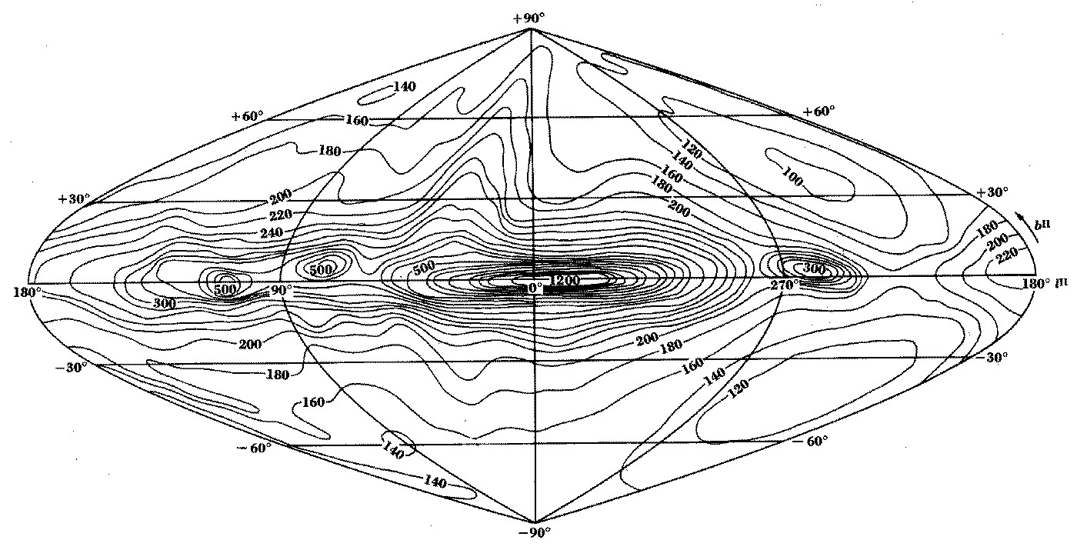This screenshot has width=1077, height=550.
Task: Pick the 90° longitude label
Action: (x=282, y=289)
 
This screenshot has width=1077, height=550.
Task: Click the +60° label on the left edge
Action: (x=247, y=116)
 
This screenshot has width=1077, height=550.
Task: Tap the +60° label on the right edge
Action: (x=819, y=112)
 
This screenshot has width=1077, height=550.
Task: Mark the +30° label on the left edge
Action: (x=74, y=198)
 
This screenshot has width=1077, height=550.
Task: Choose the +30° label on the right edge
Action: (x=992, y=192)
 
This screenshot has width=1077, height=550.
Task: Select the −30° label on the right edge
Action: (x=992, y=357)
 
